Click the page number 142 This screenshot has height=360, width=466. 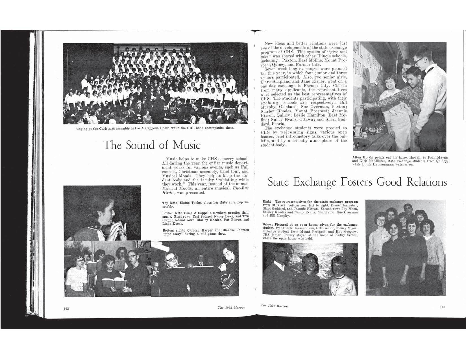pos(66,309)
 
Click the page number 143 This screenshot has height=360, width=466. pos(443,307)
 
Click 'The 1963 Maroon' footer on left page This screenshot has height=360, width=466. pos(231,308)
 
